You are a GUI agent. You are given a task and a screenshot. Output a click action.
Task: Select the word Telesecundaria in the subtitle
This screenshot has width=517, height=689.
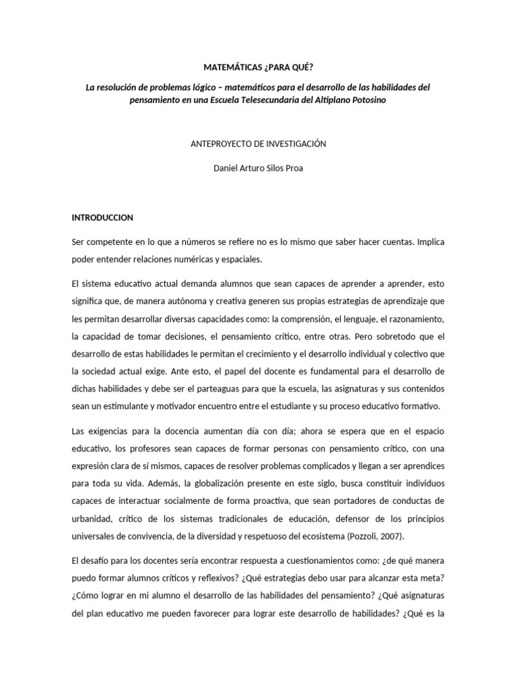294,99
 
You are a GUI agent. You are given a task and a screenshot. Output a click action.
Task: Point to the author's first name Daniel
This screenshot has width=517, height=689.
226,168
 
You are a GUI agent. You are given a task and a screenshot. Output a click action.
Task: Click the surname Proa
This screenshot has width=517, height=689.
294,168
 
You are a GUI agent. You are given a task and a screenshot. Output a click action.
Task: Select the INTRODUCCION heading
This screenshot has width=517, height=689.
102,217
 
